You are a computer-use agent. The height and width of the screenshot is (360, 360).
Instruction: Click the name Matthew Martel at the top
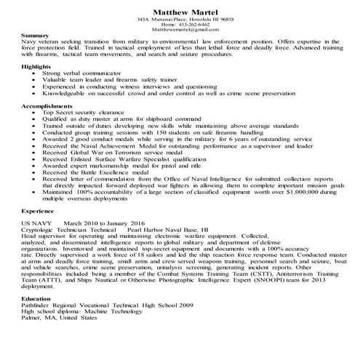180,10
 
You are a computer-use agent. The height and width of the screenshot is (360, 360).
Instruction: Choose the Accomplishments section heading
47,105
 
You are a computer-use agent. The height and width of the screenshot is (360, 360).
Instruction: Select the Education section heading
37,319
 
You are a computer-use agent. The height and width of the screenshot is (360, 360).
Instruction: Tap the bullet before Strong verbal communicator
35,74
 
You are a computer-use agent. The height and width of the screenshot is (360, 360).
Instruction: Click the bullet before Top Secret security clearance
35,113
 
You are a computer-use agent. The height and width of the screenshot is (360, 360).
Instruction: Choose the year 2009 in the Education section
188,327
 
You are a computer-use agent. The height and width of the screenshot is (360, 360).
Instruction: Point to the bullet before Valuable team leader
35,81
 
